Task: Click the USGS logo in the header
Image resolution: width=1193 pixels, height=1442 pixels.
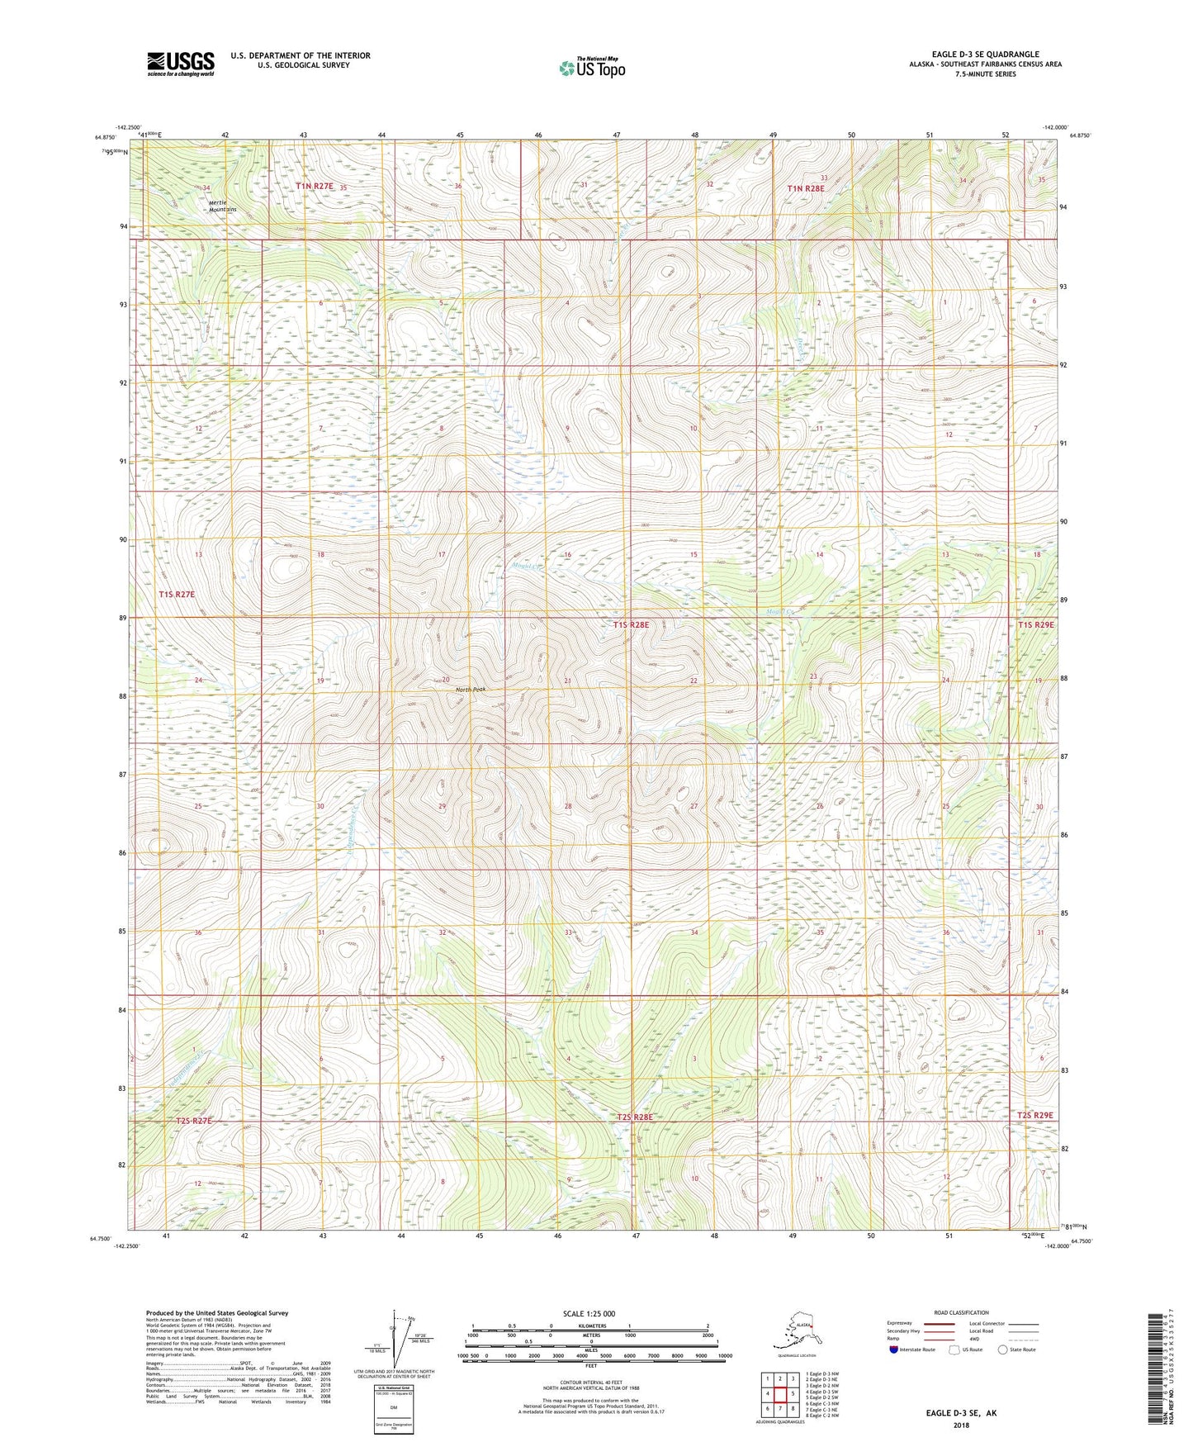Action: click(180, 64)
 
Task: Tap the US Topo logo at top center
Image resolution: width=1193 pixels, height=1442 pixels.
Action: click(591, 68)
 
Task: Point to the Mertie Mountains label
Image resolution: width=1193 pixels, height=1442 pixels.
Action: click(222, 206)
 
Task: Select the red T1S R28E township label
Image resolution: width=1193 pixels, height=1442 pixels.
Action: click(631, 625)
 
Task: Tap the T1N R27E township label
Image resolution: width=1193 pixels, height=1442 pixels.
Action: click(315, 187)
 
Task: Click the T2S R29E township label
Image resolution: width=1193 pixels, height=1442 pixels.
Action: click(1034, 1115)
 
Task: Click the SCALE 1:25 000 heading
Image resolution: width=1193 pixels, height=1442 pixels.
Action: click(588, 1314)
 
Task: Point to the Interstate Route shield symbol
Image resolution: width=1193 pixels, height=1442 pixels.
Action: click(894, 1350)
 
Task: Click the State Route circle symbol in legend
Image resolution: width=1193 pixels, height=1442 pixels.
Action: click(1003, 1350)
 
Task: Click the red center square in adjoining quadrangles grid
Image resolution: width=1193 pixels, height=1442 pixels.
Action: click(779, 1394)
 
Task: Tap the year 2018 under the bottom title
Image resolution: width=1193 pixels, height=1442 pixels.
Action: click(961, 1425)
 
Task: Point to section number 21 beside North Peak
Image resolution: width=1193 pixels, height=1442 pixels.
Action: click(567, 681)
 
